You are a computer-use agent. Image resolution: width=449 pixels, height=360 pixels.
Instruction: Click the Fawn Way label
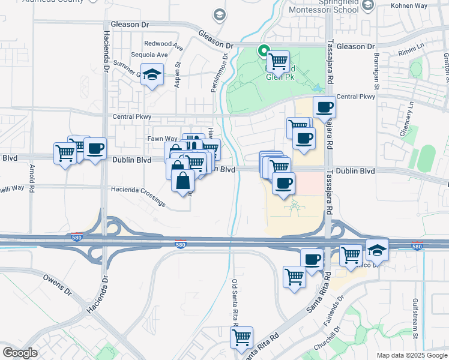(163, 139)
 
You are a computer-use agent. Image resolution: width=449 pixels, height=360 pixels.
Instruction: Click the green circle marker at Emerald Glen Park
(262, 50)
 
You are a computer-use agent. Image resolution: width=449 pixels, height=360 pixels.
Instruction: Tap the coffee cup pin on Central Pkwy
(324, 107)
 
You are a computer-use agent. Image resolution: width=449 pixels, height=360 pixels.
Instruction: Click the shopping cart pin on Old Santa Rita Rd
(241, 337)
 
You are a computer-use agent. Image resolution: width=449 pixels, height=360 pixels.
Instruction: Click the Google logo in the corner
(20, 353)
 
